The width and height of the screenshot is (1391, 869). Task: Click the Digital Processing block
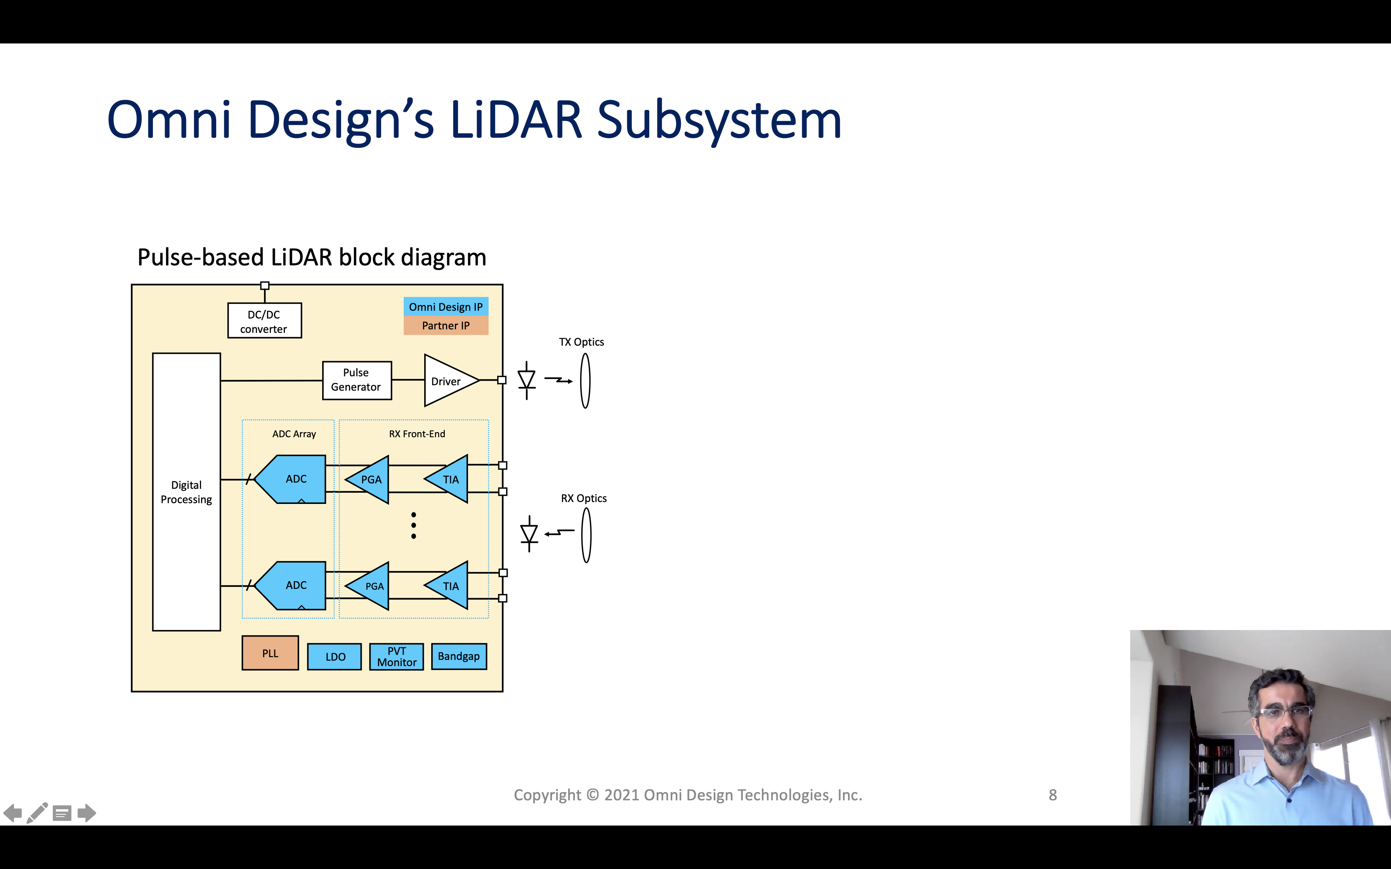(x=186, y=492)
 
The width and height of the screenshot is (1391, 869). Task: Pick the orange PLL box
(x=270, y=653)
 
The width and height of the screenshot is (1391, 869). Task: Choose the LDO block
(x=335, y=656)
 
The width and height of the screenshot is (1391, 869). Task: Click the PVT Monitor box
(x=397, y=656)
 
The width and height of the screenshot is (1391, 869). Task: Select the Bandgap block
(x=459, y=656)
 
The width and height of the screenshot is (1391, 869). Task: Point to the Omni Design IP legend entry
(x=446, y=307)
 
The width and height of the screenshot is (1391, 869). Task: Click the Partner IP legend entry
(x=446, y=326)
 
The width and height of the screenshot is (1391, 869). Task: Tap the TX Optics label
(x=582, y=342)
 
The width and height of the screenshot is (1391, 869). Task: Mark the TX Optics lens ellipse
(x=585, y=381)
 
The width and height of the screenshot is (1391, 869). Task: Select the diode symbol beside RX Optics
(x=529, y=534)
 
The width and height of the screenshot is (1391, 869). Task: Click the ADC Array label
(x=294, y=434)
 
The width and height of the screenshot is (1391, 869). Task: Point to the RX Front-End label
(x=417, y=434)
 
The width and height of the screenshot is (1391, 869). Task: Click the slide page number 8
(x=1053, y=795)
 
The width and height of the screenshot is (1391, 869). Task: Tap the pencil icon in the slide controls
(x=37, y=813)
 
